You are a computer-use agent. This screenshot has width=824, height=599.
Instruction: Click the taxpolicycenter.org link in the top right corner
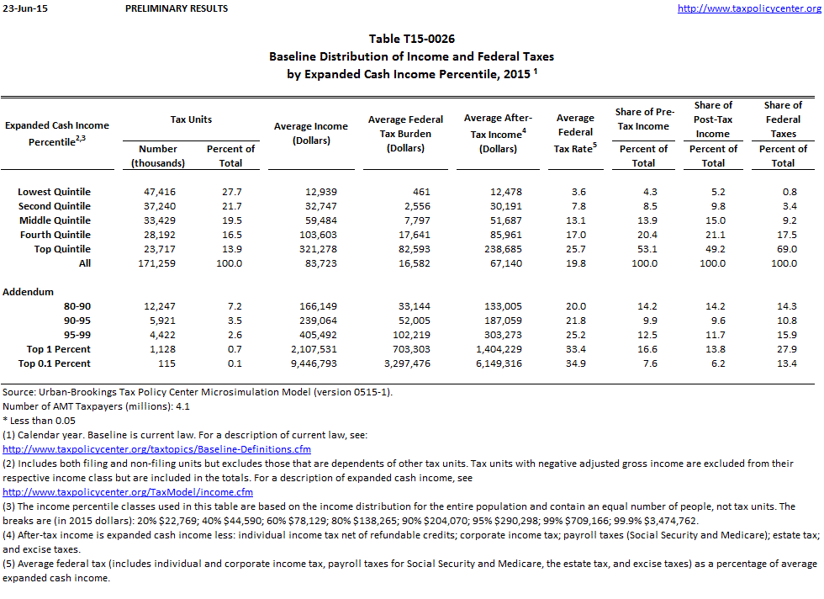(x=748, y=8)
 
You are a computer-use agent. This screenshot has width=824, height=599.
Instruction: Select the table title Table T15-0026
(x=412, y=40)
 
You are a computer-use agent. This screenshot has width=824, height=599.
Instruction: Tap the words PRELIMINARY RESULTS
(x=176, y=8)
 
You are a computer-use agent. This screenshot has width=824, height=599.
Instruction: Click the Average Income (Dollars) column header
(x=310, y=133)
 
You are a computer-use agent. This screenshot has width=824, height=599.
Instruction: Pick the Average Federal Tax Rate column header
(x=575, y=133)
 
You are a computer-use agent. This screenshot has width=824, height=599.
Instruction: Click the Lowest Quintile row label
(x=54, y=192)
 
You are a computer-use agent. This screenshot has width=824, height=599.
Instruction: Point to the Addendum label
(x=29, y=292)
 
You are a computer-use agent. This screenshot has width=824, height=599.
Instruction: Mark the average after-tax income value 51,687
(x=503, y=220)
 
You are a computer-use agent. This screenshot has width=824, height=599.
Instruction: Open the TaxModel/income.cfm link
(x=128, y=492)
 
